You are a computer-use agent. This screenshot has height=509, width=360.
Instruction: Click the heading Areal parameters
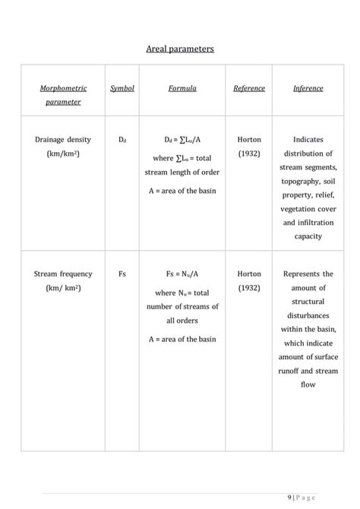click(x=180, y=49)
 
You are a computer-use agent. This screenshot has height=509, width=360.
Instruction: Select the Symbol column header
click(x=122, y=88)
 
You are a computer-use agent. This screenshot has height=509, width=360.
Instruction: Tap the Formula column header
click(x=182, y=88)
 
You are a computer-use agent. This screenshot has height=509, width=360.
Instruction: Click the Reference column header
click(x=249, y=88)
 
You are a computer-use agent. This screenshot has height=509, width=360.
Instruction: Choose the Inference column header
click(x=308, y=88)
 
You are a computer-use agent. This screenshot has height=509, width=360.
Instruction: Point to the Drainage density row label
click(x=63, y=140)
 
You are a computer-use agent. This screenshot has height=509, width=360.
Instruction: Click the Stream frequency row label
click(x=63, y=273)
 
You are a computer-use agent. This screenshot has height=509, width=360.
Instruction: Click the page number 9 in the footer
click(x=290, y=497)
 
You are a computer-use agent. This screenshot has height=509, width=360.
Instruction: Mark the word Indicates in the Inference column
click(x=308, y=140)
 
